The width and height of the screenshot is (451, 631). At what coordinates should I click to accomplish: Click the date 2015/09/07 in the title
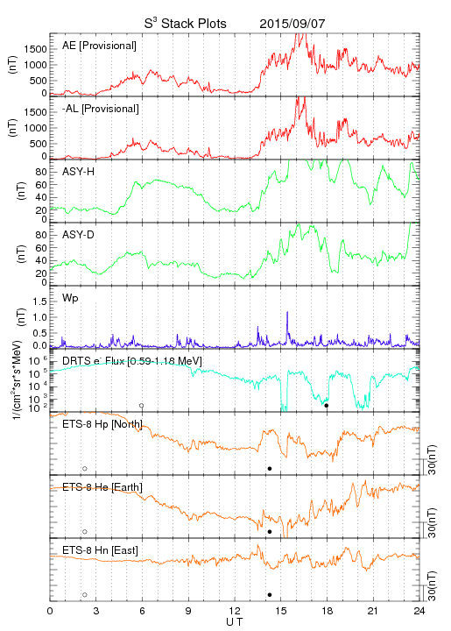coord(292,24)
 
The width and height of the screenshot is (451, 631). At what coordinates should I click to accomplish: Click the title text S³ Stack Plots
coord(186,24)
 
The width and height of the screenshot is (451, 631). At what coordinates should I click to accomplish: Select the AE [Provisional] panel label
coord(99,46)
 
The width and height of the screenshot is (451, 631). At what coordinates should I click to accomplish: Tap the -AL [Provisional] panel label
coord(101,109)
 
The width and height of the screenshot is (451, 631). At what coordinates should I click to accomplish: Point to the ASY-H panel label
coord(79,172)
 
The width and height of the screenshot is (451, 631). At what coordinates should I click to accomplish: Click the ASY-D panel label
coord(79,235)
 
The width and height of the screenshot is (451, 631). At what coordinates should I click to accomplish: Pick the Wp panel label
coord(70,299)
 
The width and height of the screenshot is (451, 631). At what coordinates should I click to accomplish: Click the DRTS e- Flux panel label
coord(132,361)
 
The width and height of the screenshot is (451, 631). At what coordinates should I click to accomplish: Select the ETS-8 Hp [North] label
coord(102,424)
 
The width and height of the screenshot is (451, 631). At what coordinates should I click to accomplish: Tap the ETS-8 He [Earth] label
coord(102,487)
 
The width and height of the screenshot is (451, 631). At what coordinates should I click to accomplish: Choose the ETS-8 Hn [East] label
coord(100,550)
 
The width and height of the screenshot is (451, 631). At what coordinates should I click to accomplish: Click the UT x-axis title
coord(235,622)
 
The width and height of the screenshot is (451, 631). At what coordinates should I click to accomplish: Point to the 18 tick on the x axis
coord(328,611)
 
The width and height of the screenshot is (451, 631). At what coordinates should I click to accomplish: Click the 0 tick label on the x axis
coord(50,611)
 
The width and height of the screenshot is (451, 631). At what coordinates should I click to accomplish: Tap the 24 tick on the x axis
coord(419,611)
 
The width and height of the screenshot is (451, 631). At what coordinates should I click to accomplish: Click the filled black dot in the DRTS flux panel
coord(327,405)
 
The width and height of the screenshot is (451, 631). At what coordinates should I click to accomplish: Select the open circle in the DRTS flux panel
coord(142,405)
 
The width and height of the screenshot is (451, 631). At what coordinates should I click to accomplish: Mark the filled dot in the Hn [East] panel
coord(270,594)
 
